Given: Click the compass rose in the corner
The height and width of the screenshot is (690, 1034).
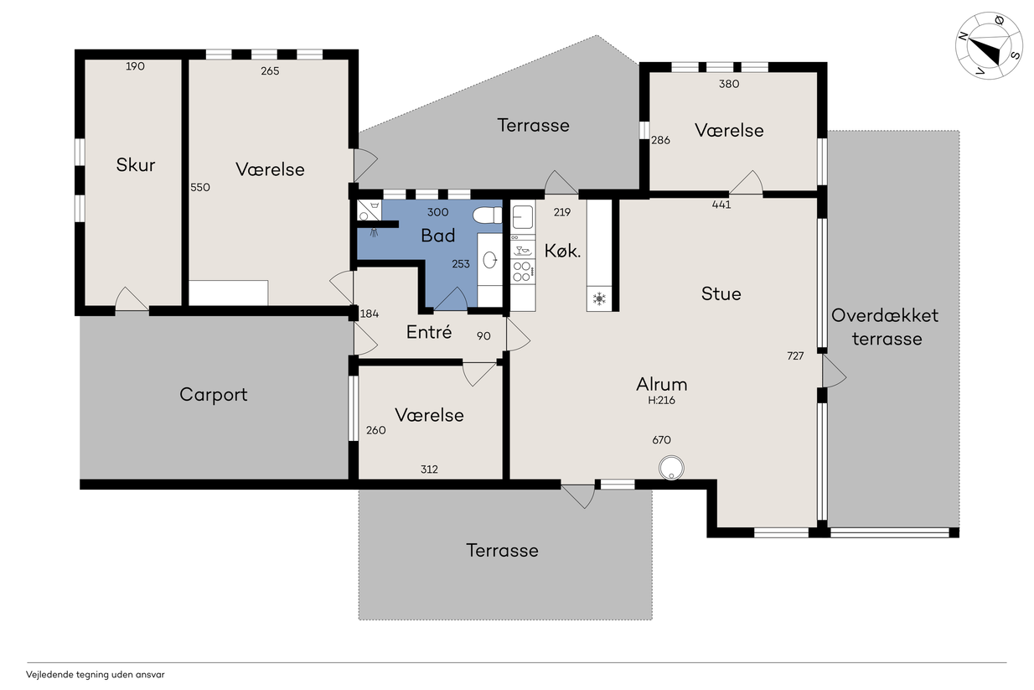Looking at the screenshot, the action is [989, 46].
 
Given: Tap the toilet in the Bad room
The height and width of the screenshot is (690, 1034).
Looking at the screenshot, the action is [487, 215].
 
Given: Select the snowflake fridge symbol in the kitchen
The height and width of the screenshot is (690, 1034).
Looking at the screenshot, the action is [599, 298].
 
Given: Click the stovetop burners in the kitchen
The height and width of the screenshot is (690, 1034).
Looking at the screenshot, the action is [522, 272].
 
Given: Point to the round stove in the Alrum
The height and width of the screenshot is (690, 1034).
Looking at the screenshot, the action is [671, 467].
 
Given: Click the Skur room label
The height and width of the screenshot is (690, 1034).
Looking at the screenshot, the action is [135, 165].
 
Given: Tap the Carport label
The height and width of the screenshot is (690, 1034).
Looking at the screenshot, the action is [214, 395].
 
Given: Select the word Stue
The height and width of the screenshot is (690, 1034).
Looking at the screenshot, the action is [721, 293].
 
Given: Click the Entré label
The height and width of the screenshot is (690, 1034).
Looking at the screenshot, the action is [429, 332].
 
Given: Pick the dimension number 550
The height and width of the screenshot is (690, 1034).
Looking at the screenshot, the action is [200, 187].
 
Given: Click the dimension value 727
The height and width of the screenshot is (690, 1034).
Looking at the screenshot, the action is [795, 355].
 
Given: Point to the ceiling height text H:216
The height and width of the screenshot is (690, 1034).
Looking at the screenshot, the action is [661, 400].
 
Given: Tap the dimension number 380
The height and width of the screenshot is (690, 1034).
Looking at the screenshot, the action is [729, 84].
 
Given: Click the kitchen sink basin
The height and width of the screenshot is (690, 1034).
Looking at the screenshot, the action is [523, 216].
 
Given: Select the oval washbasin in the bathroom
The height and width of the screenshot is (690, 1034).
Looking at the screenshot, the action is [489, 260].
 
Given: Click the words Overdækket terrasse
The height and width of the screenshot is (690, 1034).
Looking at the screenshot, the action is [886, 327].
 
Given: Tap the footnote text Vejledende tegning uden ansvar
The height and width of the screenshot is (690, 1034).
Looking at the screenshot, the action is [95, 675].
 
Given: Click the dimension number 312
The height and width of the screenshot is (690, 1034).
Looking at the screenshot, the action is [429, 470].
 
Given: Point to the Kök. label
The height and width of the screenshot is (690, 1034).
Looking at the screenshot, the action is [562, 251].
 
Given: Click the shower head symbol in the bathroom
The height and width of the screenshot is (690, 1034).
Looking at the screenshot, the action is [374, 232].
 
